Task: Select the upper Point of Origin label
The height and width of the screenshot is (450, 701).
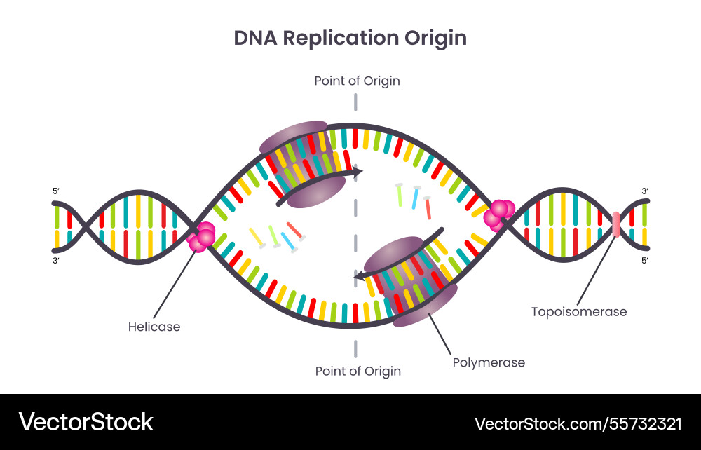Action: pos(357,81)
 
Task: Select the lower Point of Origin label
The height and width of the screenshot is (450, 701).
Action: pos(358,371)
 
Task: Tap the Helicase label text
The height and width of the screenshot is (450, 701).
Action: pos(154,327)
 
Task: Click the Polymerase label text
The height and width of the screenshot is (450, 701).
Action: pos(489,362)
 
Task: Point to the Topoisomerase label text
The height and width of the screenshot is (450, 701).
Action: pos(579,311)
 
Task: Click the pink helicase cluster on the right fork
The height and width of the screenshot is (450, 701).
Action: pos(499,214)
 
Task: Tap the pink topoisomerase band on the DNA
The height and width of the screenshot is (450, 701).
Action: pos(616,224)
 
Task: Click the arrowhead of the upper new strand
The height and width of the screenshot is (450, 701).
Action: pos(358,171)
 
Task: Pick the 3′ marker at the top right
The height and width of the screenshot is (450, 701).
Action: pos(645,191)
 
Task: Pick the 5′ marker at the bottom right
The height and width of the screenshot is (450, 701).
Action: pos(645,261)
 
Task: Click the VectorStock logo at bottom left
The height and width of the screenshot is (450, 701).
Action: pos(86,422)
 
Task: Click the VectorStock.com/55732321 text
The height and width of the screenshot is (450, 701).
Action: pos(578,423)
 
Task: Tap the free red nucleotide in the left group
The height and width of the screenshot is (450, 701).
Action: pos(295,231)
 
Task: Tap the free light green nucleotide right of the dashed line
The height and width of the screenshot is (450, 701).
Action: pos(400,194)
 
